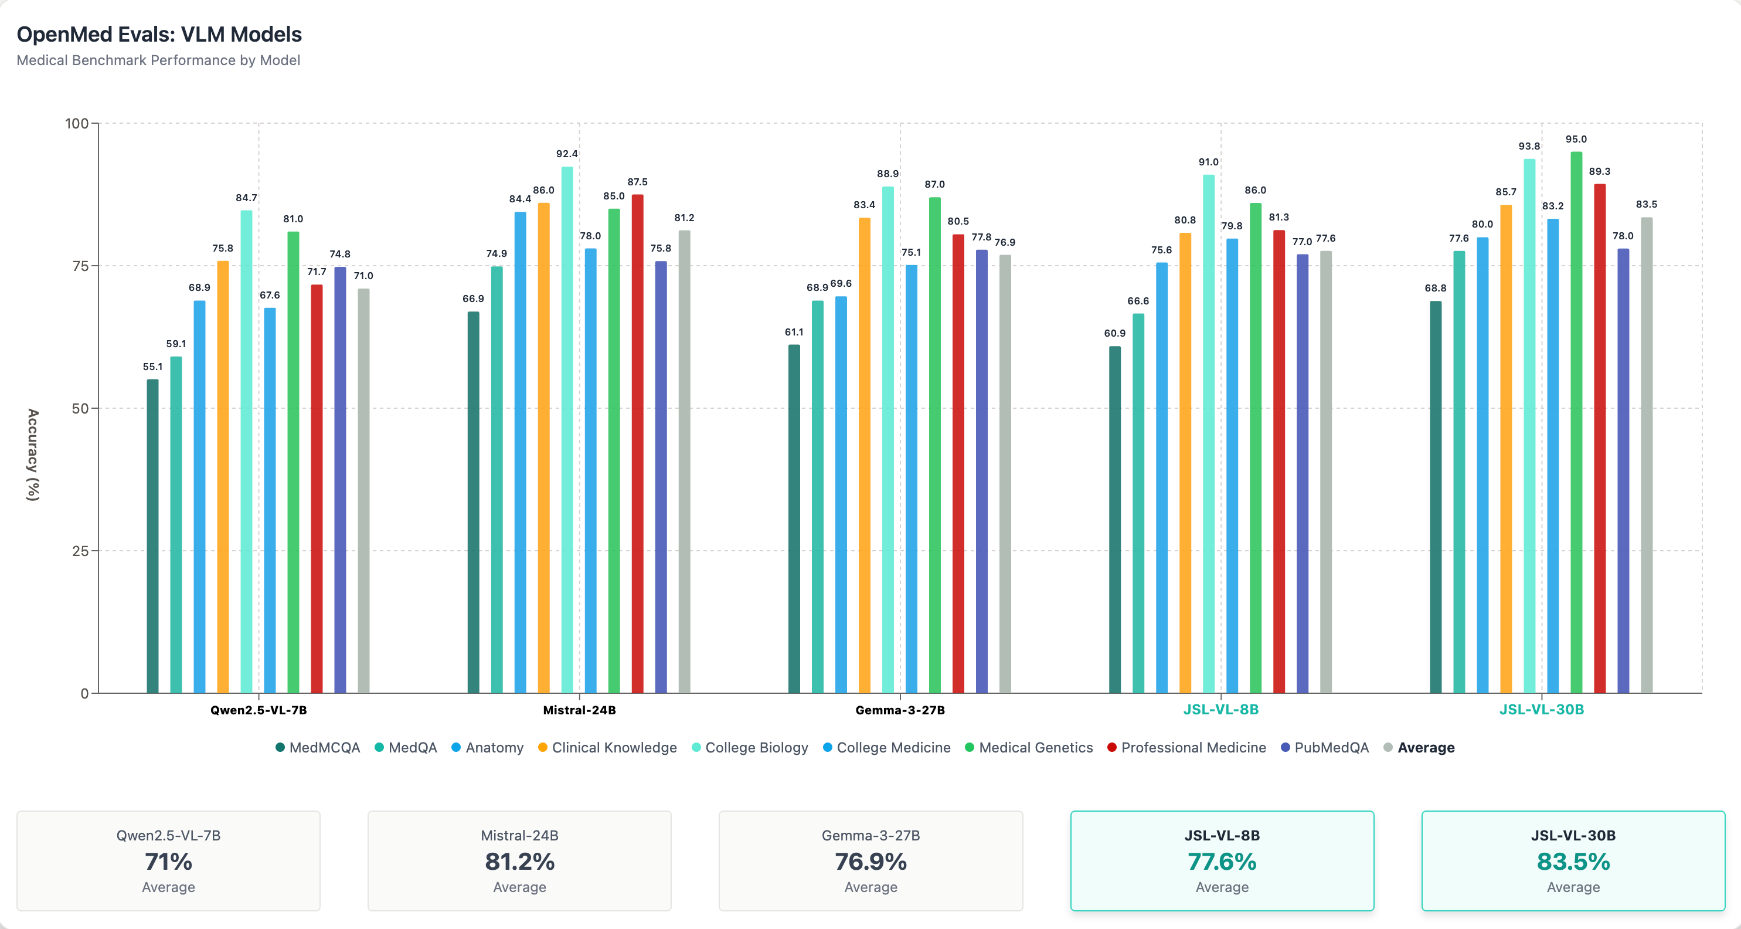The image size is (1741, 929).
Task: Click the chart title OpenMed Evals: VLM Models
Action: point(159,35)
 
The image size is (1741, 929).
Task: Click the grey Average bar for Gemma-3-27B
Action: point(1005,473)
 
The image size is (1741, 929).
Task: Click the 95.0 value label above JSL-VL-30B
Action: point(1576,139)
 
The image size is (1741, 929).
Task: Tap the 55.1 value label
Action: point(153,367)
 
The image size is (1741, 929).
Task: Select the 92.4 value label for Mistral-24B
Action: point(567,154)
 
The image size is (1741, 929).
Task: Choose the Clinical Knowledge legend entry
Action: point(608,747)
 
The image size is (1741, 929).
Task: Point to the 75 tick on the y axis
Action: point(80,266)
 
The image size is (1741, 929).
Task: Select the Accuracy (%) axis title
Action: point(33,455)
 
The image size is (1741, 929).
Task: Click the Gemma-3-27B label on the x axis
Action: point(900,710)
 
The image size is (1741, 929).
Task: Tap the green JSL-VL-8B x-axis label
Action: point(1220,709)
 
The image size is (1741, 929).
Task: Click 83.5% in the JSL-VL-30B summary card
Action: point(1573,862)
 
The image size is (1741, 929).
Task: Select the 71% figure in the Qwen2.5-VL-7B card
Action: point(168,862)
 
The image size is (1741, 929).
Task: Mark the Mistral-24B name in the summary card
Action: point(519,835)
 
